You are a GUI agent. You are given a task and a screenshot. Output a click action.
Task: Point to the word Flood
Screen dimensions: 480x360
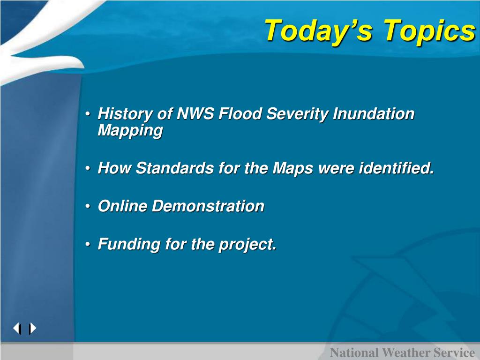[x=240, y=113]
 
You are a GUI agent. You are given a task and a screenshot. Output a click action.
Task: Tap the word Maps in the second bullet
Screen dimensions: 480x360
[x=292, y=169]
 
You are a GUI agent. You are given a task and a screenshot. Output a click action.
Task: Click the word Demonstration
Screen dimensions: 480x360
[x=208, y=206]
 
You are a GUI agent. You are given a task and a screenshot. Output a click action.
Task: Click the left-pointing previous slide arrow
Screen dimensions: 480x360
[x=17, y=329]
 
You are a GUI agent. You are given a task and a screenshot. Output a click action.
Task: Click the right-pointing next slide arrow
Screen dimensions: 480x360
[x=32, y=329]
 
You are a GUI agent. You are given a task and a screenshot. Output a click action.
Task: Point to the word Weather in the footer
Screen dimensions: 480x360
[x=404, y=352]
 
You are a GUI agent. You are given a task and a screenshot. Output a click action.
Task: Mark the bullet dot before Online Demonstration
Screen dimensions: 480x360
[x=88, y=207]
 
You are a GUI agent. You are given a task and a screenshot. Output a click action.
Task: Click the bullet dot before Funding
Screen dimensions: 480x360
[x=88, y=245]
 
